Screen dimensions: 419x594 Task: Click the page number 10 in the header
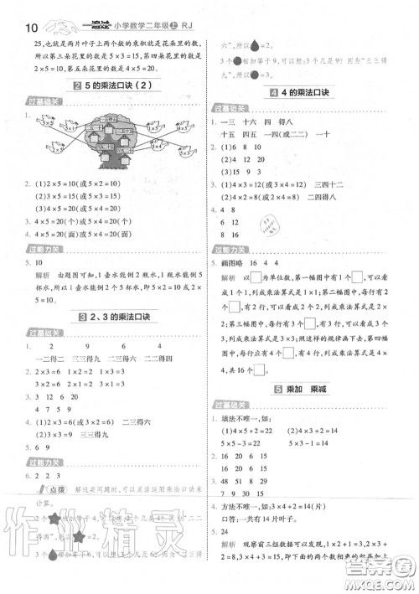14,11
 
